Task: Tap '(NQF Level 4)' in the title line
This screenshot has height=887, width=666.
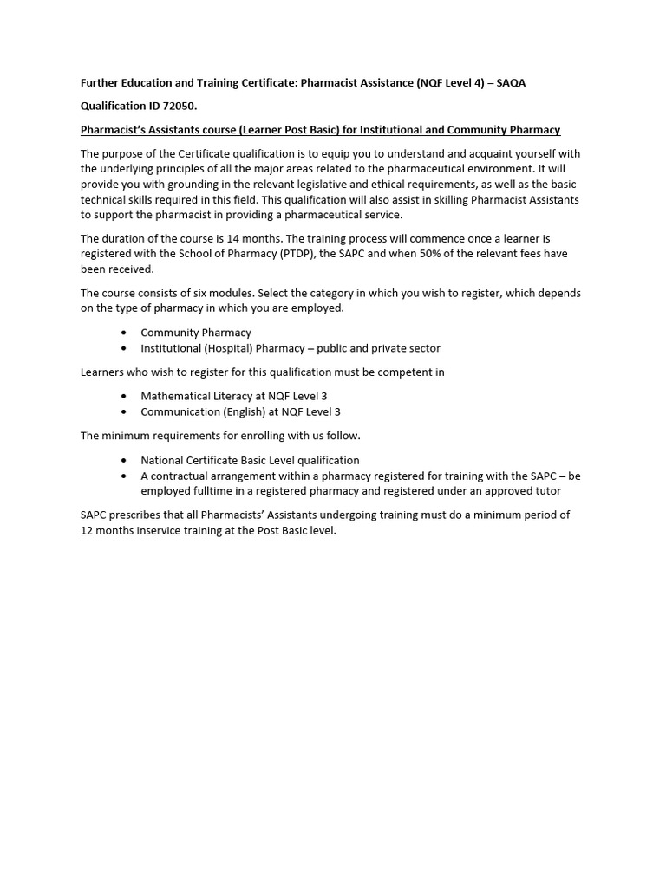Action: coord(449,82)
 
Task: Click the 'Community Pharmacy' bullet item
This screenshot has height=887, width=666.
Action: coord(196,333)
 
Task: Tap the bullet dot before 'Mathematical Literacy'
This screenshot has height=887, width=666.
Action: coord(125,396)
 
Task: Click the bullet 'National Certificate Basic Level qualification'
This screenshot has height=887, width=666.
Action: coord(250,460)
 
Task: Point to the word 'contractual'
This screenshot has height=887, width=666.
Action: coord(181,476)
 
